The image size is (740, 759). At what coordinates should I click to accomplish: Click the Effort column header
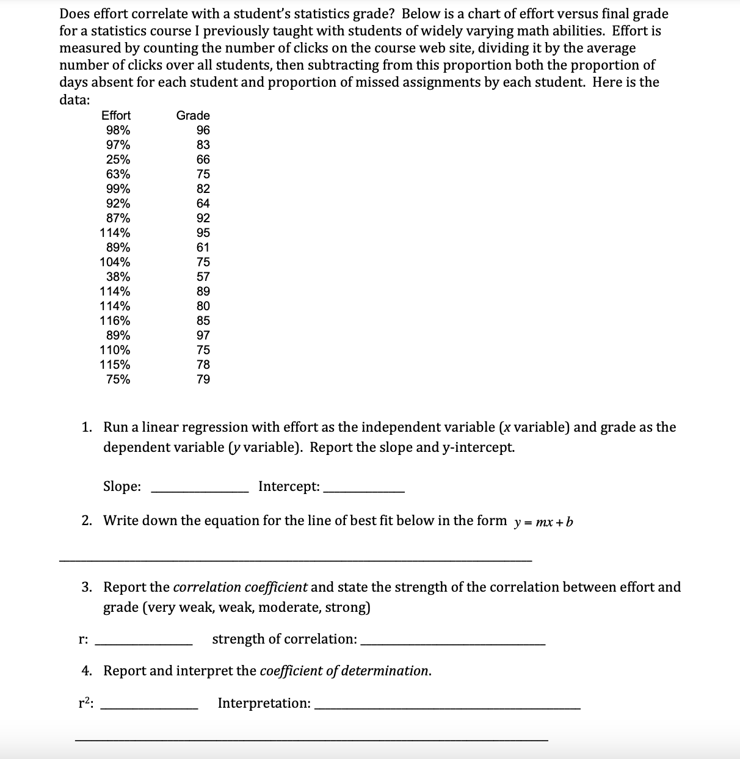pos(115,115)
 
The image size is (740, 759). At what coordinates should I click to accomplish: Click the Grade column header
pos(193,115)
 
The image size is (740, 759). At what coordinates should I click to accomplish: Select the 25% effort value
pos(118,159)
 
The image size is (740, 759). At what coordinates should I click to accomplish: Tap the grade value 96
pos(203,130)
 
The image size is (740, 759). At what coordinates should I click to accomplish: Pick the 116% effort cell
pos(115,321)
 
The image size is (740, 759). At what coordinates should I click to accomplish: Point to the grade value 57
pos(203,277)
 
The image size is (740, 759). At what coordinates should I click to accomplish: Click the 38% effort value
pos(118,277)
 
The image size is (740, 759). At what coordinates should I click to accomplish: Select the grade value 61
pos(203,247)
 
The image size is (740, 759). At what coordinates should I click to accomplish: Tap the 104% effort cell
pos(115,262)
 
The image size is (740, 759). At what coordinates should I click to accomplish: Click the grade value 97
pos(203,335)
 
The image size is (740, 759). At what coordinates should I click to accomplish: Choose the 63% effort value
pos(118,174)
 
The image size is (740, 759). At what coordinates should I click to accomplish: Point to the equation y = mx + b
pos(543,522)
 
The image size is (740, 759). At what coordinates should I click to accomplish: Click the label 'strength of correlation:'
pos(285,639)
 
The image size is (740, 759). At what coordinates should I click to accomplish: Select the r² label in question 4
pos(86,703)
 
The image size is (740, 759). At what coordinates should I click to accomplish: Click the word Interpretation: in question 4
pos(264,703)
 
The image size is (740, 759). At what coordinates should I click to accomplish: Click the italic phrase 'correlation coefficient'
pos(241,587)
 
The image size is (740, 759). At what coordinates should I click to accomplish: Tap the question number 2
pos(87,521)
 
